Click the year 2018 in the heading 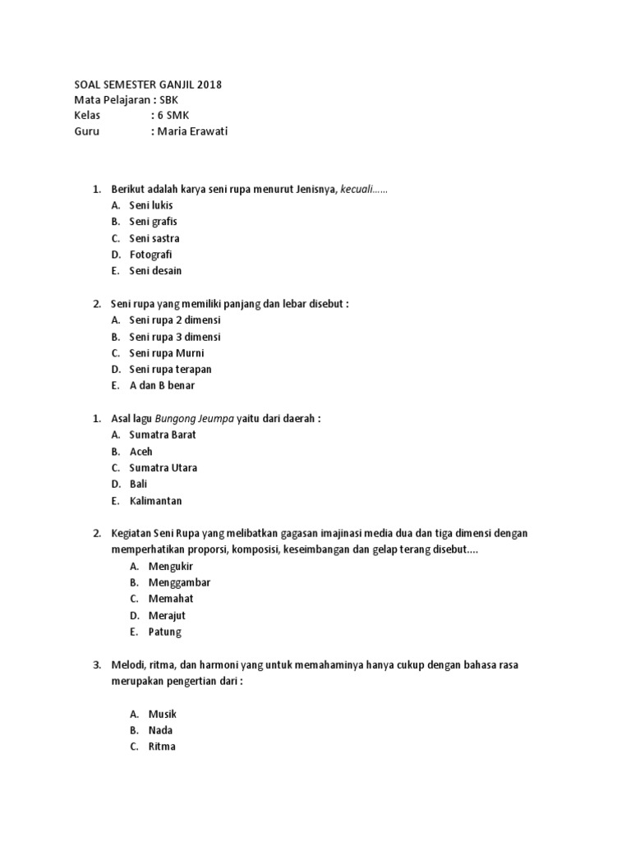(209, 84)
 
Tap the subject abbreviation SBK (174, 99)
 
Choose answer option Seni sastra (154, 238)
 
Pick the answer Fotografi (150, 255)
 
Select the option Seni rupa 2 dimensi (175, 320)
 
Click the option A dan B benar (162, 385)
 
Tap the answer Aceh (141, 452)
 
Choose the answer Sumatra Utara (164, 468)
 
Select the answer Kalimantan (156, 501)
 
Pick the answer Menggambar (180, 582)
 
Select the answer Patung (165, 632)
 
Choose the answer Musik (163, 714)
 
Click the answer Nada (161, 730)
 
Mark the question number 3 (96, 664)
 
